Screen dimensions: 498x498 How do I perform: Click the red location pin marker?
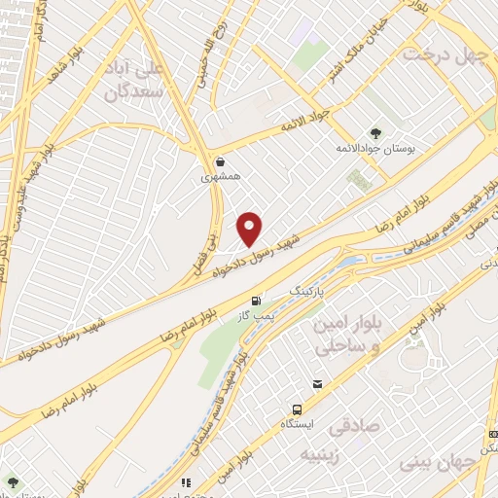pos(251,230)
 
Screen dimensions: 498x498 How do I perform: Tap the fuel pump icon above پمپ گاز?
pos(256,302)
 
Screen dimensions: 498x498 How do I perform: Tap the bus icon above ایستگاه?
pos(296,409)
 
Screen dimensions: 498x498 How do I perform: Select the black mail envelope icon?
pos(317,385)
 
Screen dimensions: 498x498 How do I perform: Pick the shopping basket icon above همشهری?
pos(223,161)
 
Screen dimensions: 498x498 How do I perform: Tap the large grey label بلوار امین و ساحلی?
pos(338,335)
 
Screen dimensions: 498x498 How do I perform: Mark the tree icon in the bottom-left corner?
pos(13,481)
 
